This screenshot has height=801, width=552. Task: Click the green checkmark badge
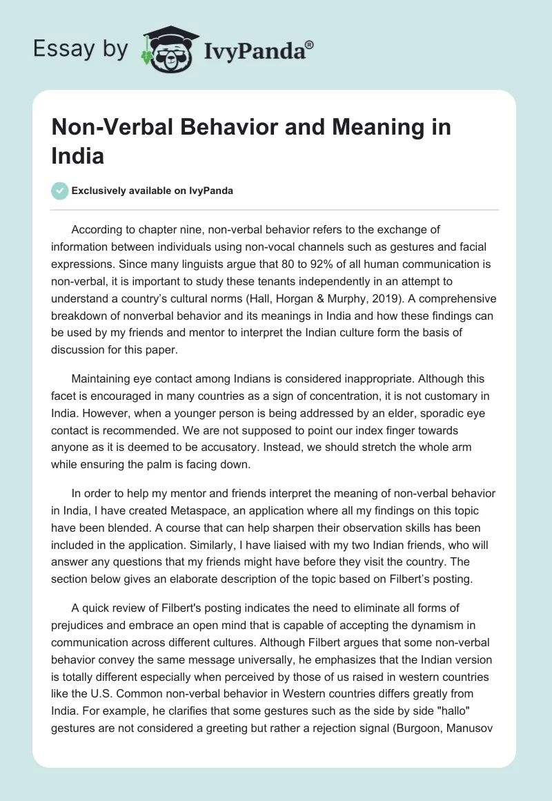pyautogui.click(x=60, y=191)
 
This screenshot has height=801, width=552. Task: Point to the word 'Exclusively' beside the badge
pyautogui.click(x=99, y=191)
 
